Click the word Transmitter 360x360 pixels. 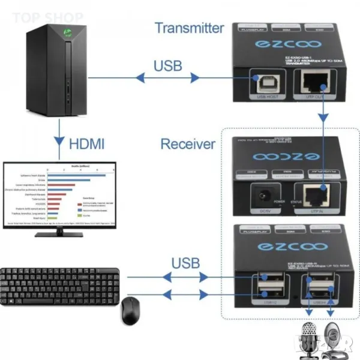coord(189,28)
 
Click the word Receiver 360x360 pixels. coord(187,144)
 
